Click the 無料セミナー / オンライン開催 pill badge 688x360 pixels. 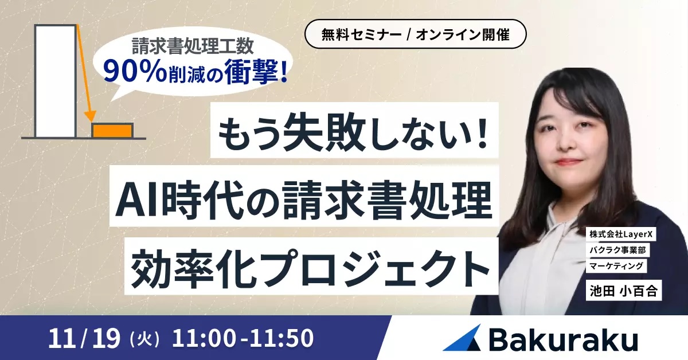[415, 34]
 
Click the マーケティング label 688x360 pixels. [618, 266]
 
